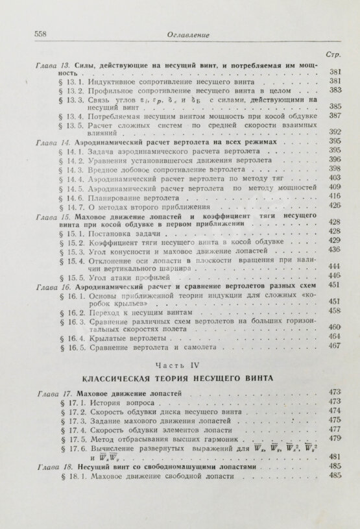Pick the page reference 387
point(335,116)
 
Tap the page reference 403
point(335,177)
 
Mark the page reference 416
point(335,195)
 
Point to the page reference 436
point(335,249)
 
